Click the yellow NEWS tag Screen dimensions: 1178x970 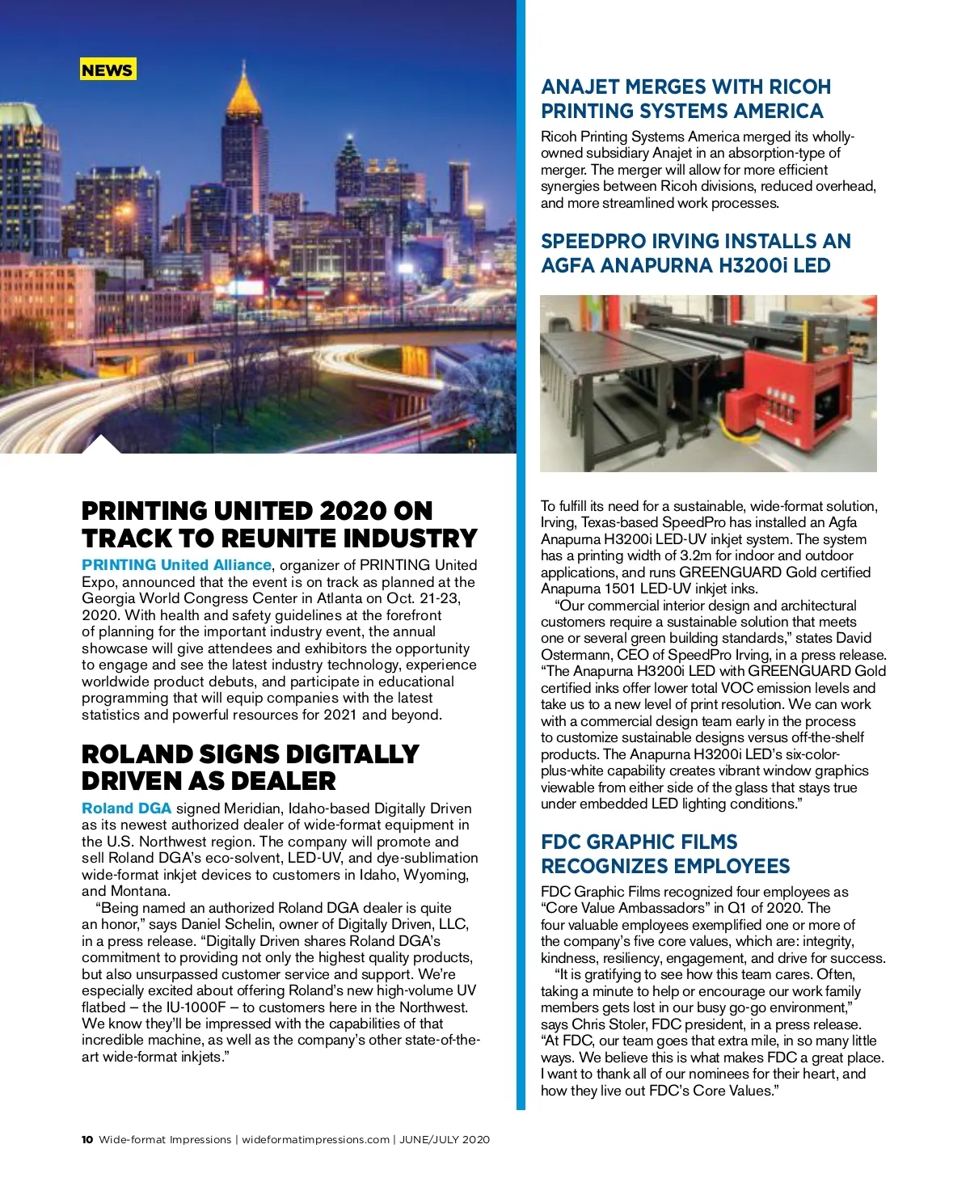108,70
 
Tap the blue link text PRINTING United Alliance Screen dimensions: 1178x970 176,565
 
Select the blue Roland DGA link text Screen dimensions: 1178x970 126,809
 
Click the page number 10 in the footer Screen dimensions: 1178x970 87,1140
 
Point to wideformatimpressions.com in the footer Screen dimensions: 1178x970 315,1140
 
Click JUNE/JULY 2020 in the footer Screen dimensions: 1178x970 445,1140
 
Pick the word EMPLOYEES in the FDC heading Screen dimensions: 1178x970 732,867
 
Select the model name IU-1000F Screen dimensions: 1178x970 195,1007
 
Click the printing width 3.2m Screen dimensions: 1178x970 740,555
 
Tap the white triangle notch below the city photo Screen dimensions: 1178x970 101,444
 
